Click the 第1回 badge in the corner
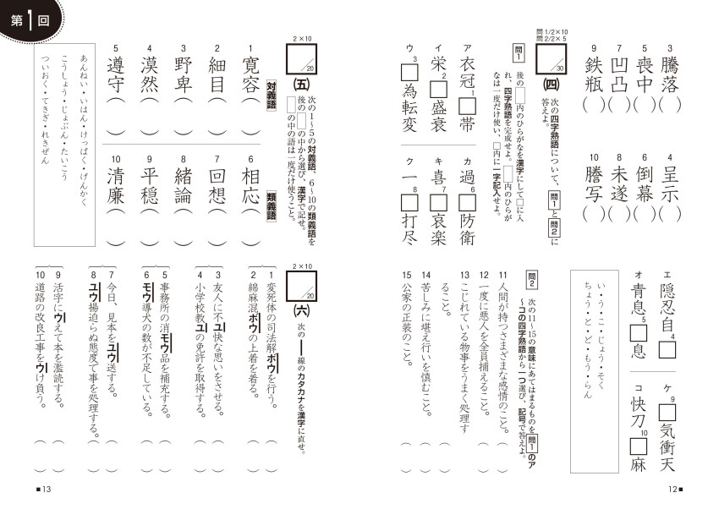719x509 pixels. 30,20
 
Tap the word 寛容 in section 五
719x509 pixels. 250,74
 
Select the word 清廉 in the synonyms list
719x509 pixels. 116,185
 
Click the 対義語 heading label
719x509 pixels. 271,96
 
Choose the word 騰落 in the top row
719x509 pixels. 669,74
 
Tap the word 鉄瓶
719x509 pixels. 594,74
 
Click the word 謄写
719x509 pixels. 594,184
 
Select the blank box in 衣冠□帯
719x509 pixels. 467,107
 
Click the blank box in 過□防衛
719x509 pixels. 467,203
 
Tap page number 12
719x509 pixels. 675,489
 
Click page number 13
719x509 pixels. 44,489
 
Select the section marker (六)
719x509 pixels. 301,311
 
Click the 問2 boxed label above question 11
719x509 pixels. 532,278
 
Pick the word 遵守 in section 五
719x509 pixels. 116,74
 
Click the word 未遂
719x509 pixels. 619,184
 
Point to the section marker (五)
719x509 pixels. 301,85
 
